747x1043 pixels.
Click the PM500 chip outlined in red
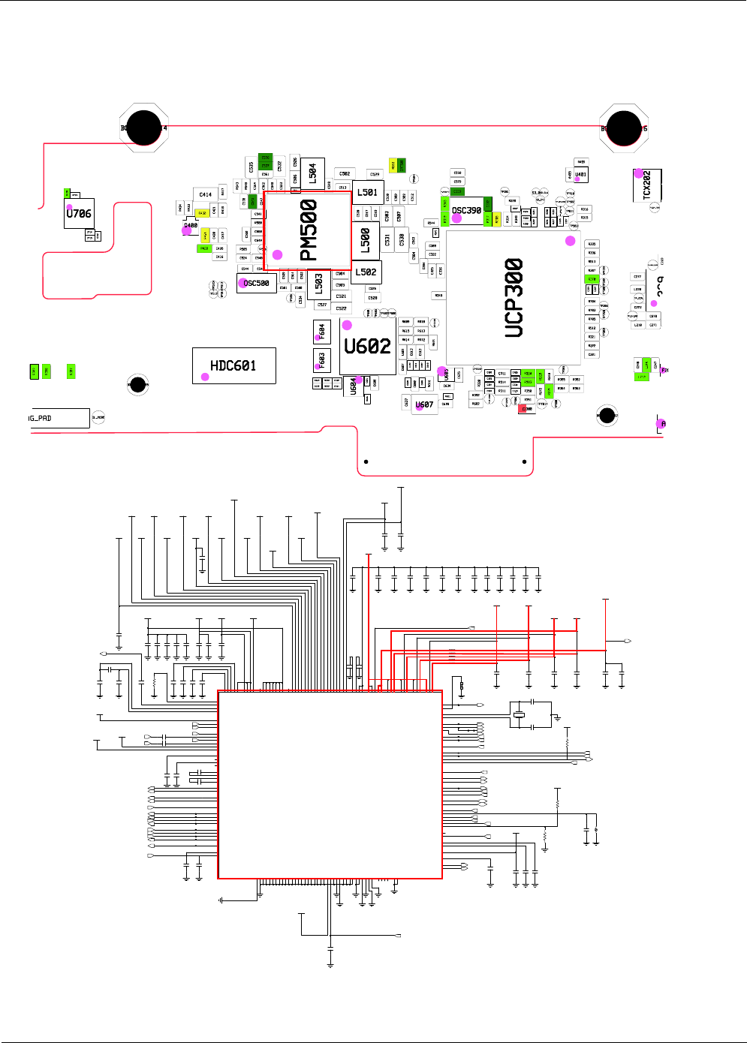click(307, 230)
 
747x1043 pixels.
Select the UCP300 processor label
click(514, 297)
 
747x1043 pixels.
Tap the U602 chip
click(367, 346)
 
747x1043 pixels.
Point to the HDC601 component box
click(233, 365)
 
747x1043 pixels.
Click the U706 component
click(79, 213)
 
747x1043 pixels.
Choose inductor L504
click(312, 174)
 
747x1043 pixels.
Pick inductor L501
click(367, 192)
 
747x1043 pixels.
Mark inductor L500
click(366, 239)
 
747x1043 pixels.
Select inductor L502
click(366, 272)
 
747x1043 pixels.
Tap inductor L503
click(319, 282)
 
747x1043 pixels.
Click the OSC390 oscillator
click(466, 211)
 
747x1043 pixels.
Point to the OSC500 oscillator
click(256, 283)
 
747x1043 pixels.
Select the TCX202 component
click(647, 185)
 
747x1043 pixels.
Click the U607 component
click(424, 404)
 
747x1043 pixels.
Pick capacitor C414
click(205, 194)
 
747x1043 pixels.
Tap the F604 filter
click(321, 331)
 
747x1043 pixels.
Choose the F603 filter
click(321, 360)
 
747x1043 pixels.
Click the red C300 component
click(526, 409)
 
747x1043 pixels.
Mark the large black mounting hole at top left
click(143, 128)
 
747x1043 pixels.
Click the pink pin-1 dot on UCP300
click(571, 241)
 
